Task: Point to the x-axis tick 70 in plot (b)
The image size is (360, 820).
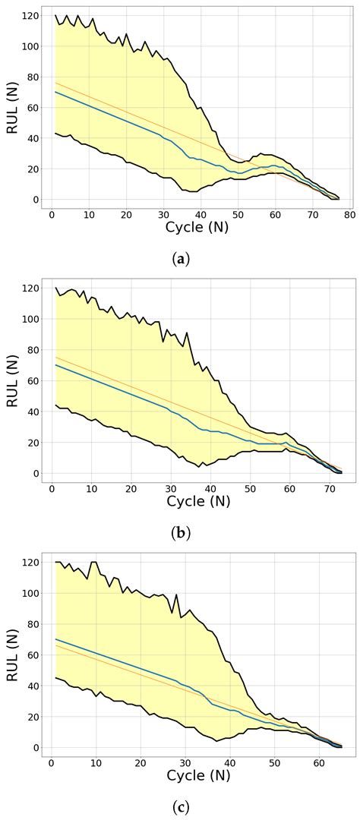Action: (x=330, y=487)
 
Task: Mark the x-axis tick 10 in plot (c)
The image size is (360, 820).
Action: (x=96, y=762)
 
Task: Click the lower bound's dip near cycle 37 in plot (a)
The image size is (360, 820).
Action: (x=187, y=191)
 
